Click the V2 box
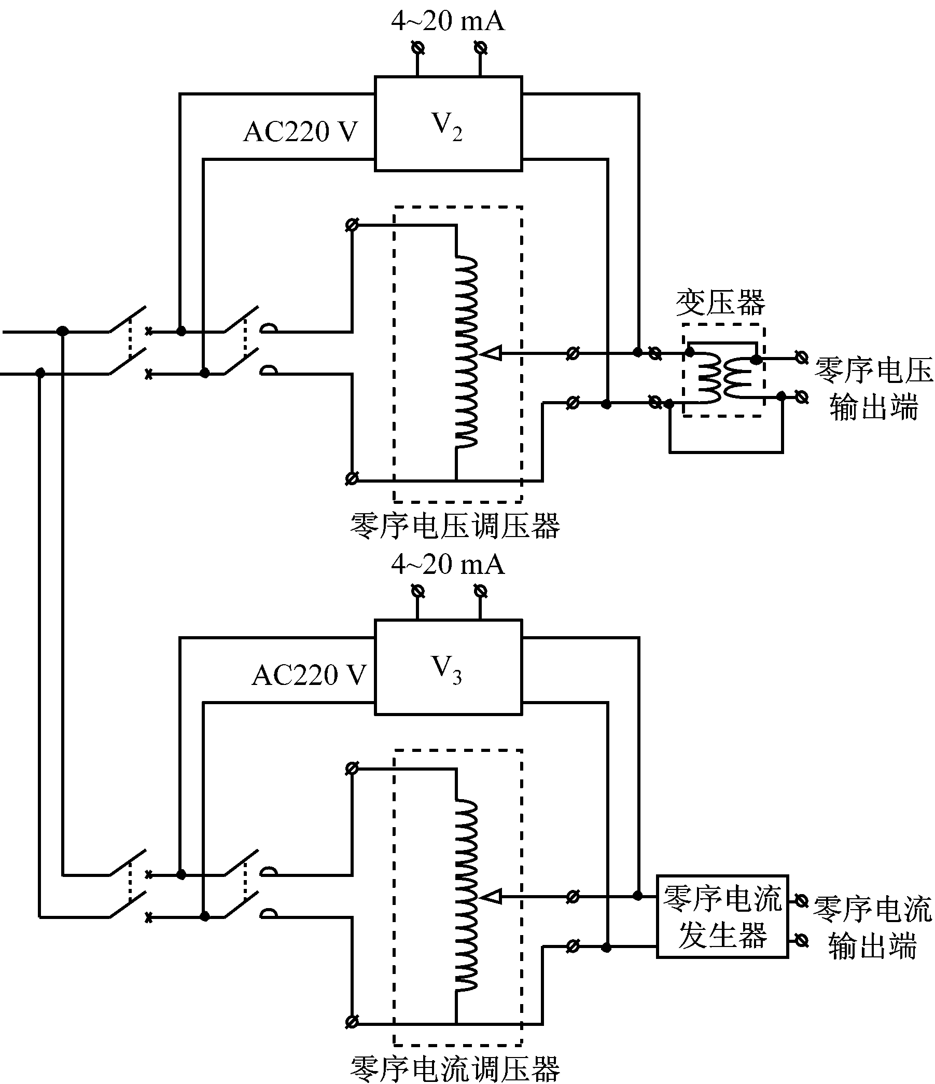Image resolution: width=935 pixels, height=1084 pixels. tap(448, 124)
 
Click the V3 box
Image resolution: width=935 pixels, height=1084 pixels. tap(448, 667)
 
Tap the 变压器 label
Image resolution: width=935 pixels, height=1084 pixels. tap(720, 303)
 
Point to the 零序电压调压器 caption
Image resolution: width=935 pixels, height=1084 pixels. tap(455, 526)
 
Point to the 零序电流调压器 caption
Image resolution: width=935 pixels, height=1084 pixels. tap(455, 1068)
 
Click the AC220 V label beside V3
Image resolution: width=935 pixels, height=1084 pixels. tap(309, 675)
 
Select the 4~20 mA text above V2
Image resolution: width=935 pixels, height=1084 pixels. tap(448, 21)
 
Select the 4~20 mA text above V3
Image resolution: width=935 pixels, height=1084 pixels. tap(448, 565)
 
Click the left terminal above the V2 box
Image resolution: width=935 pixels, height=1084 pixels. tap(417, 48)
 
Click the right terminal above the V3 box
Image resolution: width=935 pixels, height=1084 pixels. tap(480, 592)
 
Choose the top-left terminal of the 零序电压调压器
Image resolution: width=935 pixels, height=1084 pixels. tap(352, 226)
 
